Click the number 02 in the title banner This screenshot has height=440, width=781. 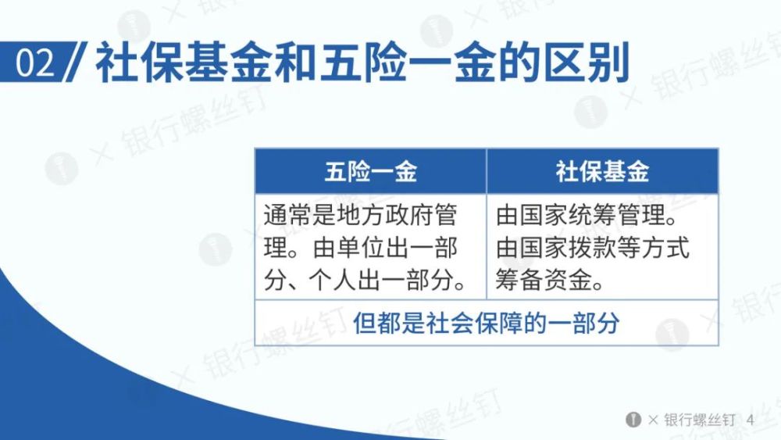click(34, 63)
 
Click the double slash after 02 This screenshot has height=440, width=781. click(77, 62)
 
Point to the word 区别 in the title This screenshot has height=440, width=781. click(587, 63)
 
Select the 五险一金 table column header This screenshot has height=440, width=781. click(370, 171)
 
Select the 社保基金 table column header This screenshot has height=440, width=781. click(603, 171)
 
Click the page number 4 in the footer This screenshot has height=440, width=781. click(751, 420)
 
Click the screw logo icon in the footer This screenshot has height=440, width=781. click(633, 420)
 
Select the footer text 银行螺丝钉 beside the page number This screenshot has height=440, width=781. click(699, 420)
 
